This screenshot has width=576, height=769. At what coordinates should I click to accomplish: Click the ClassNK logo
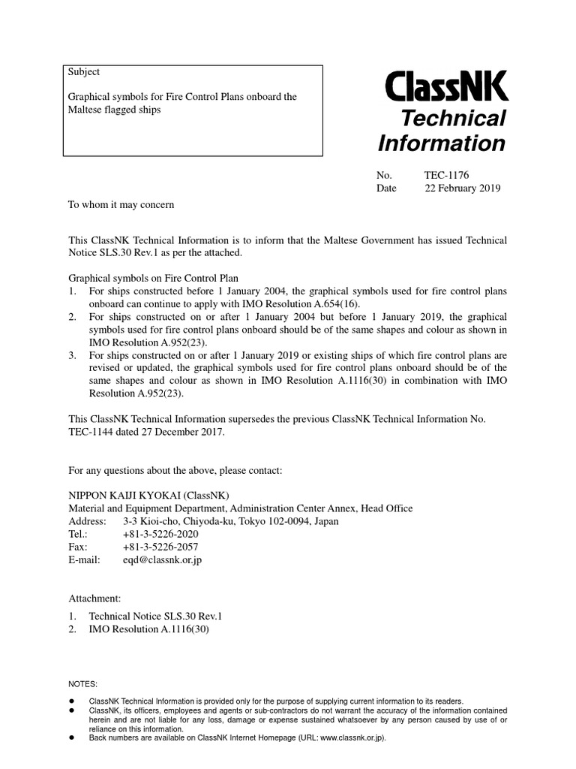tap(446, 86)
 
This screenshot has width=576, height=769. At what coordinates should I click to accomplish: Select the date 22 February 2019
tap(462, 188)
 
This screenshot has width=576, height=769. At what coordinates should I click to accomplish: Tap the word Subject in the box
tap(84, 72)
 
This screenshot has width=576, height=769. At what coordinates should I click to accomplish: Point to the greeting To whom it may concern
tap(121, 204)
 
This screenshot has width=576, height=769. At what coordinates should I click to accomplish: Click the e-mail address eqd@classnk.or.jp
tap(162, 559)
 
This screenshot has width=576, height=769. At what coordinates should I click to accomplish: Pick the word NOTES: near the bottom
tap(82, 684)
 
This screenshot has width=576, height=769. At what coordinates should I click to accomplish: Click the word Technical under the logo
tap(454, 119)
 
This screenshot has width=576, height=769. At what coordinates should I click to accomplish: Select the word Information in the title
tap(442, 143)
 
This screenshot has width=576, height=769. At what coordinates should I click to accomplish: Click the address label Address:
tap(88, 521)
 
